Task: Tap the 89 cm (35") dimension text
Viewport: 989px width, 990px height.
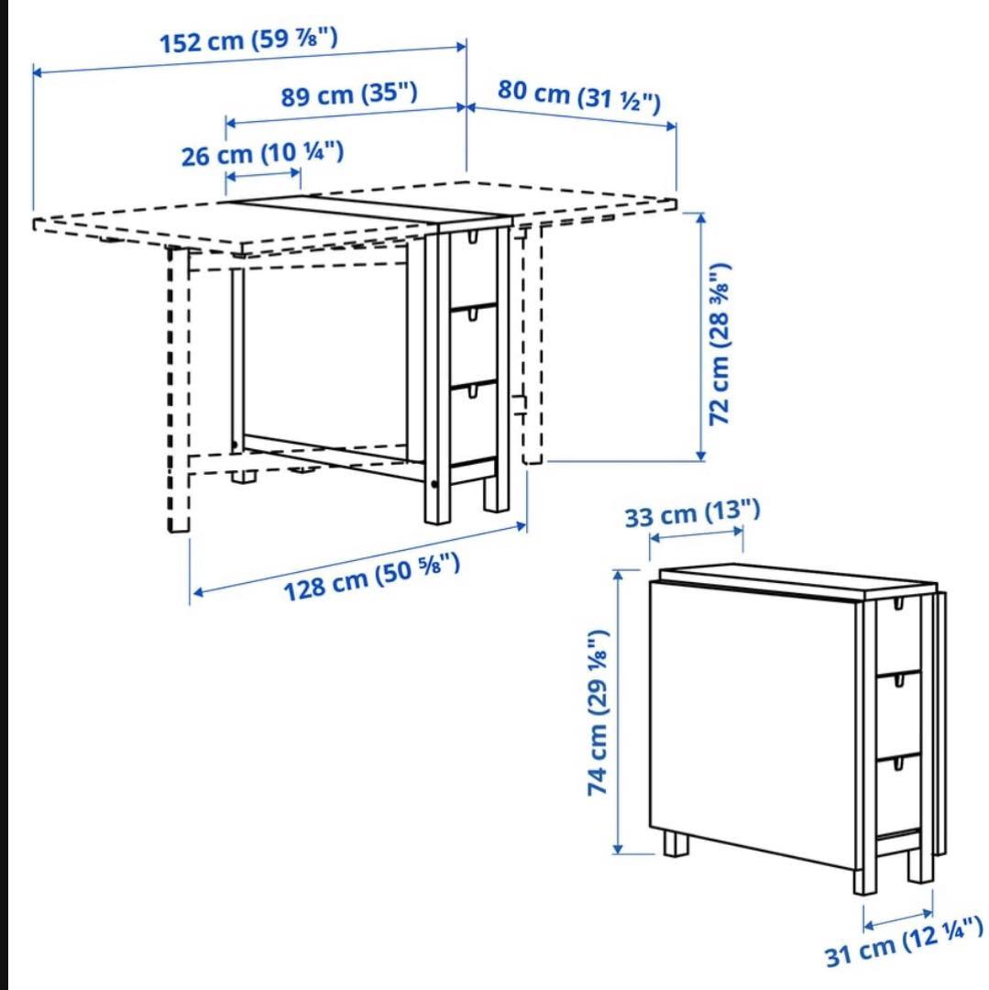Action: coord(349,94)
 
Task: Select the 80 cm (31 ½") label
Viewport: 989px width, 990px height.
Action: coord(578,96)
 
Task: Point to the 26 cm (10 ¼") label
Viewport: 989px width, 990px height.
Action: coord(262,154)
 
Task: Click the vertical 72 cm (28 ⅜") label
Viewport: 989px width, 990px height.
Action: coord(720,344)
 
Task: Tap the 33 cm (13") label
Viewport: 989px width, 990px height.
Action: coord(692,513)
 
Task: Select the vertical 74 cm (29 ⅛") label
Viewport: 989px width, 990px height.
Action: coord(597,712)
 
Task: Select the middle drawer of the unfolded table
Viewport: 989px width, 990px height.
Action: coord(473,345)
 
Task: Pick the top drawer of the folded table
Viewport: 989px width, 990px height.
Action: coord(898,634)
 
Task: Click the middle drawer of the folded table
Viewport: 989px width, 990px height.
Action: coord(898,713)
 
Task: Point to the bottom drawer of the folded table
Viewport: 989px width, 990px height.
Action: coord(898,794)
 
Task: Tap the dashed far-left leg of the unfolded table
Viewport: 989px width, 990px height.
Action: coord(179,389)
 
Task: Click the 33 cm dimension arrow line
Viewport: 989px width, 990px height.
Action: coord(697,534)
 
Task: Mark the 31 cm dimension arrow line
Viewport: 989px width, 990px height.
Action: coord(898,918)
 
